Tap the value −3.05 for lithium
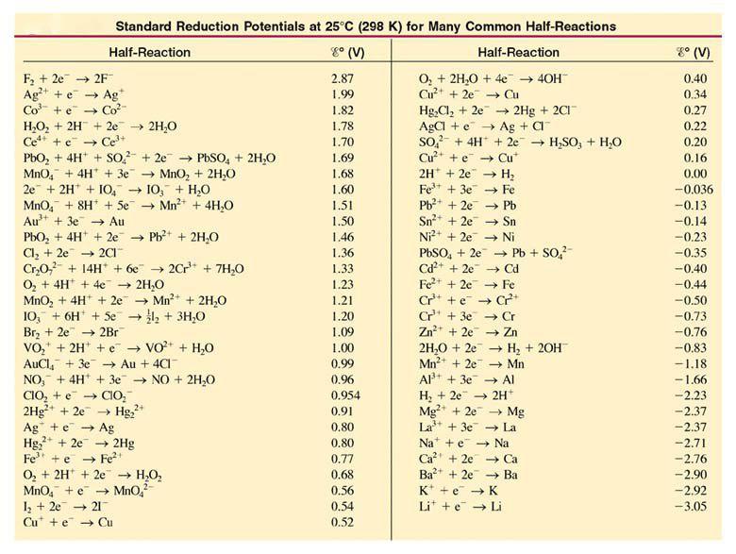click(693, 506)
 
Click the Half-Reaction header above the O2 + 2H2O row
click(518, 53)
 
